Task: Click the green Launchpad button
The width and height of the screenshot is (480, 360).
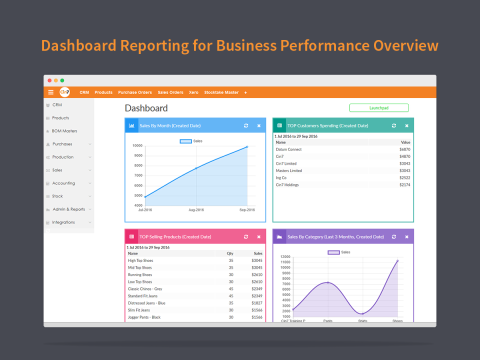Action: coord(378,108)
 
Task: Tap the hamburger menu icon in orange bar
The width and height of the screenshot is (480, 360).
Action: coord(50,92)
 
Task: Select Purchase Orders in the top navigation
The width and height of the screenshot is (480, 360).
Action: coord(135,92)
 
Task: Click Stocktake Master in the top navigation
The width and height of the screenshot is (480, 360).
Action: coord(221,92)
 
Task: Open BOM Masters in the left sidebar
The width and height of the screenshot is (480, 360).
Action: coord(64,131)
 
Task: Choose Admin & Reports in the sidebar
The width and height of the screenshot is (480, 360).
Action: coord(68,209)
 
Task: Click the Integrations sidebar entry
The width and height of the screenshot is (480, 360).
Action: coord(63,222)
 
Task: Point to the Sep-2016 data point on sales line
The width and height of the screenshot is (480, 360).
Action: coord(247,147)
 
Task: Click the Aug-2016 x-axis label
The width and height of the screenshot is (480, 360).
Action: coord(196,210)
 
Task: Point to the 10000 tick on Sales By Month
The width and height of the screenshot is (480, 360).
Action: coord(137,146)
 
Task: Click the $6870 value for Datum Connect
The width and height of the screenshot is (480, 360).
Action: coord(404,149)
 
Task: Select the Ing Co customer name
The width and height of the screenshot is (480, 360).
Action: coord(281,178)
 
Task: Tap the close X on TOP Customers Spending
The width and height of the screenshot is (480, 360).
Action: coord(406,126)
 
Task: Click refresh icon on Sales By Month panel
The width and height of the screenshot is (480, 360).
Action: coord(246,126)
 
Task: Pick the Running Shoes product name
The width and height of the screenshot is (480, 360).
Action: coord(140,275)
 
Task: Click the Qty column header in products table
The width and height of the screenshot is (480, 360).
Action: coord(230,253)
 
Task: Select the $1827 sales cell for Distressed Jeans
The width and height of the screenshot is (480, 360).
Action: coord(256,303)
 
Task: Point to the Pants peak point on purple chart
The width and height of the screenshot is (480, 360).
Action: coord(328,282)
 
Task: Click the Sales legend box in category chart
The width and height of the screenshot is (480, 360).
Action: coord(333,252)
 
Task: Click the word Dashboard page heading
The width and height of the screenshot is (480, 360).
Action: coord(146,108)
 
